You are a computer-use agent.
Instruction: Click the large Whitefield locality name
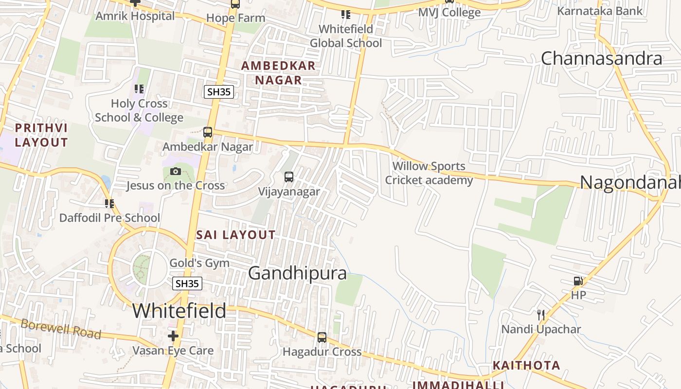point(179,311)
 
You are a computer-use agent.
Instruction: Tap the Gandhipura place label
point(297,273)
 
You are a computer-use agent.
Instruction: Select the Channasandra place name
point(601,58)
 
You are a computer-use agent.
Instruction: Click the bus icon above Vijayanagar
point(289,177)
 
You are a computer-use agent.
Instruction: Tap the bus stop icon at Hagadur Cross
point(322,337)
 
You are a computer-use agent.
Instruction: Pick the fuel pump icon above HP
point(578,281)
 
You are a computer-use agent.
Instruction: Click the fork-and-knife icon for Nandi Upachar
point(540,315)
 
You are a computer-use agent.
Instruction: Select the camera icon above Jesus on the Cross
point(176,171)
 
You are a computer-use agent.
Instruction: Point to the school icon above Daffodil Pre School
point(109,203)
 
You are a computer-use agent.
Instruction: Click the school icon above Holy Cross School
point(139,89)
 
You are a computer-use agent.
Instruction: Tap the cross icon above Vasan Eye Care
point(173,336)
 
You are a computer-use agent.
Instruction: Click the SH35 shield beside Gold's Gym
point(187,283)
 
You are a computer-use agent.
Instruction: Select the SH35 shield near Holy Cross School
point(218,91)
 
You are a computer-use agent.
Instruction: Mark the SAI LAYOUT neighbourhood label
point(236,235)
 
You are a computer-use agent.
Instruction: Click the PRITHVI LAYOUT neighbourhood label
point(41,135)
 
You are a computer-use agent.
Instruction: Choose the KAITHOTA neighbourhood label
point(526,365)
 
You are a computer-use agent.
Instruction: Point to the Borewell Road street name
point(61,329)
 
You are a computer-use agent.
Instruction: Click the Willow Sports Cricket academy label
point(429,173)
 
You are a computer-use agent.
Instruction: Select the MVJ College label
point(449,12)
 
